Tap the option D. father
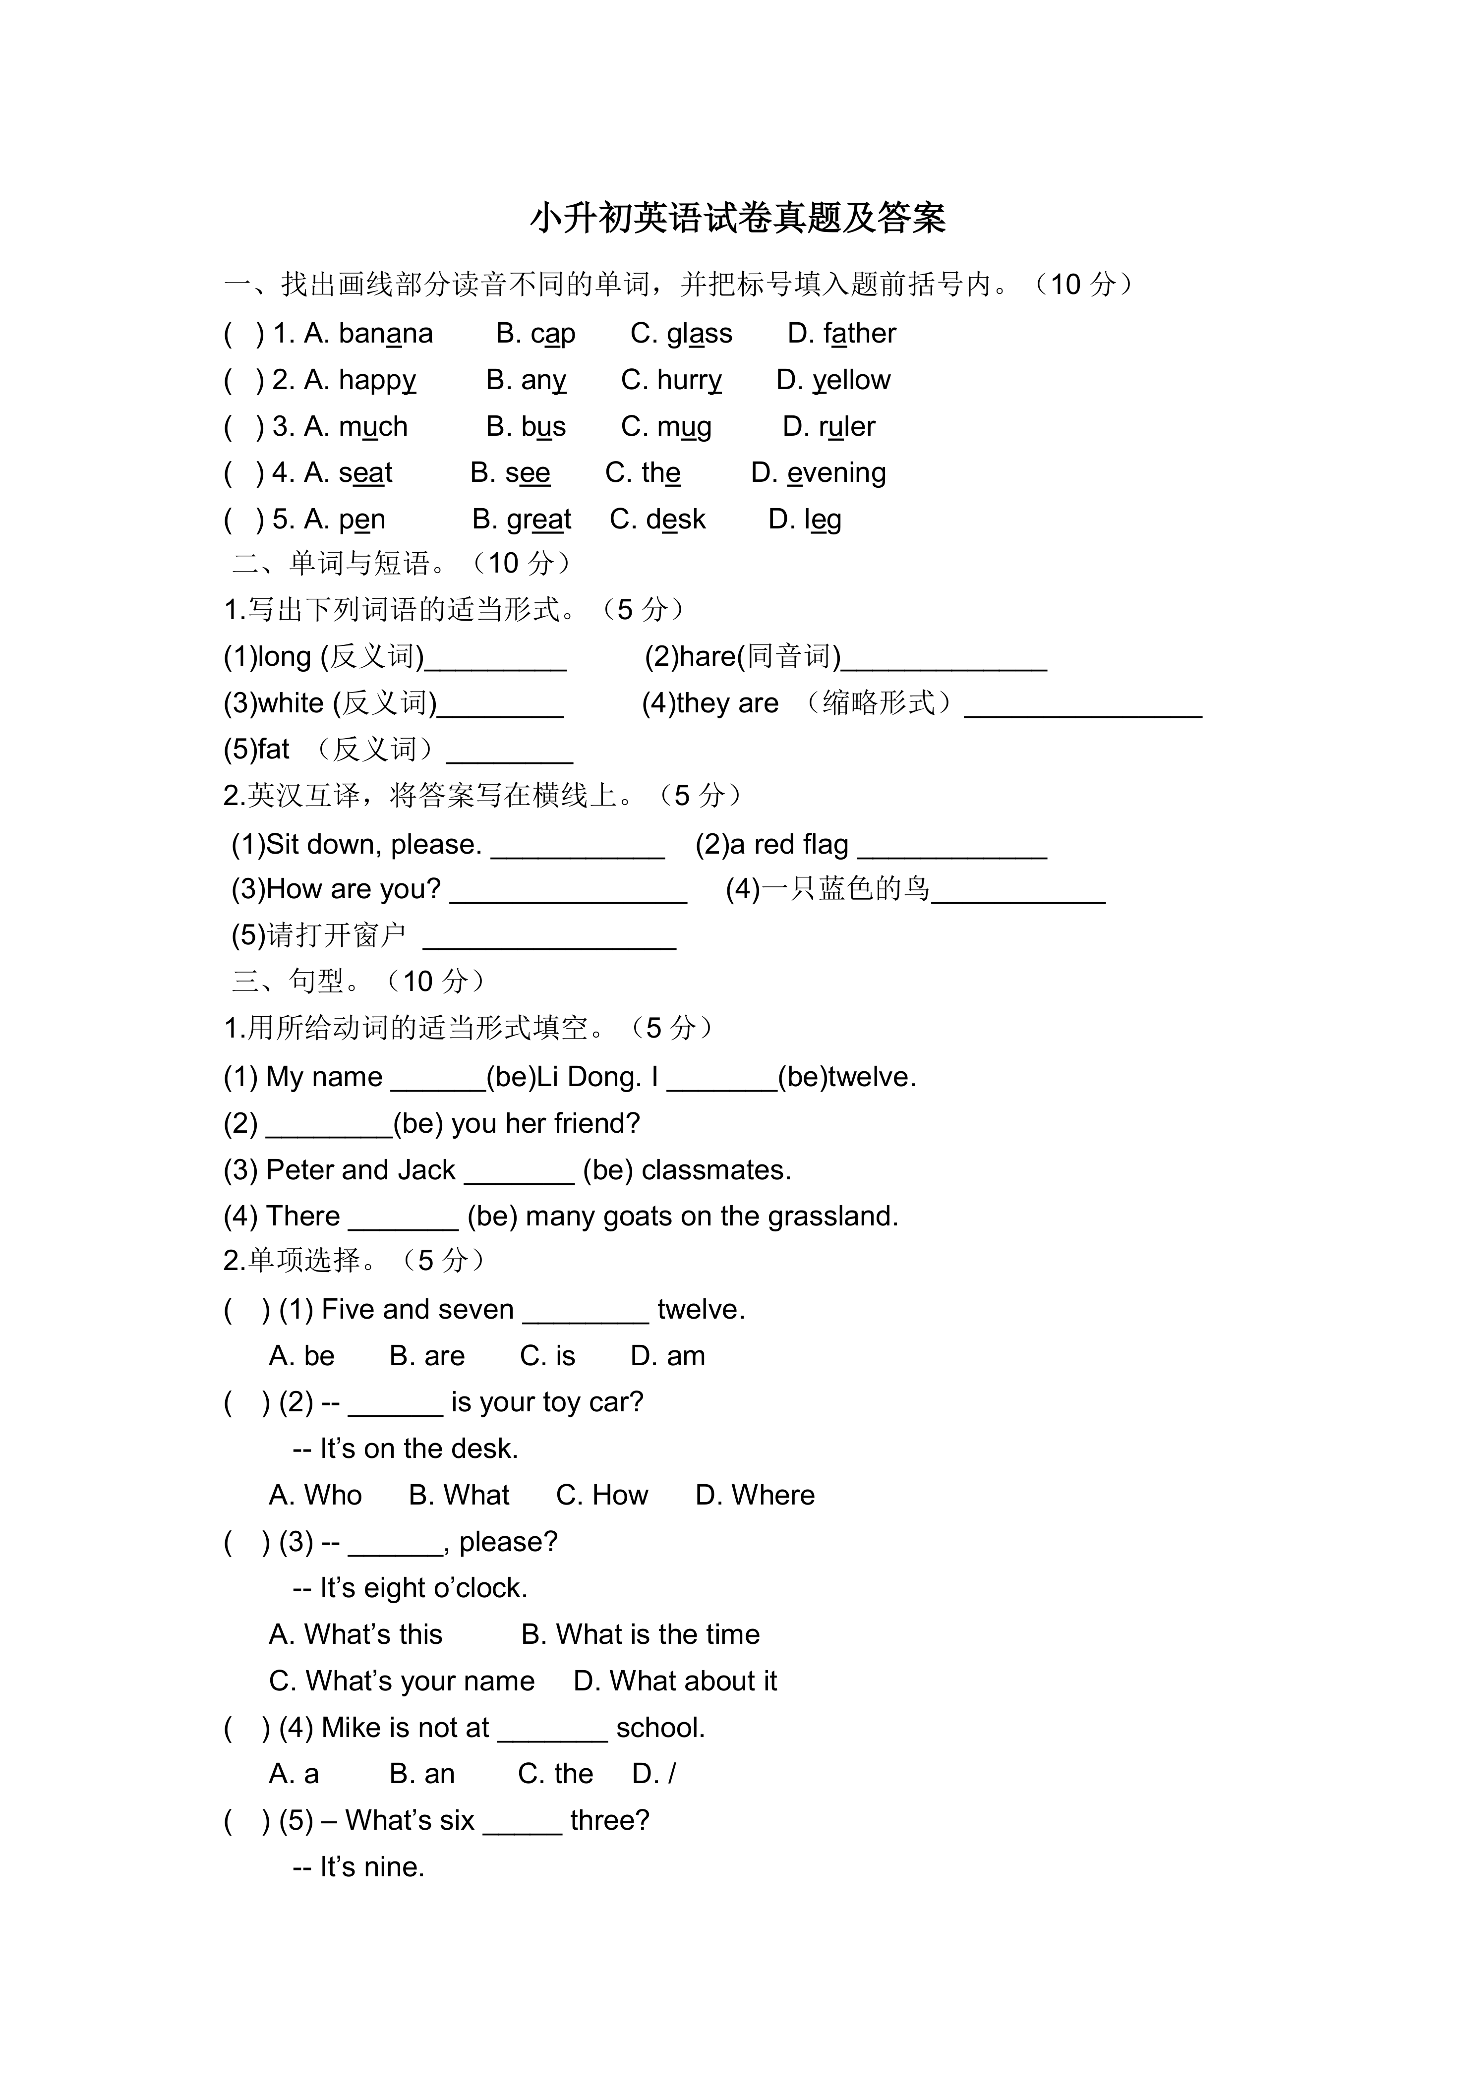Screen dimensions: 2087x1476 (x=841, y=334)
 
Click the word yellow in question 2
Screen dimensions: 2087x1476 (x=852, y=380)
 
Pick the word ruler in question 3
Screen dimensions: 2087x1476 (x=846, y=426)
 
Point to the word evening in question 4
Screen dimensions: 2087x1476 (x=836, y=472)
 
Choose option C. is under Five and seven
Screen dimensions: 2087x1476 (x=547, y=1356)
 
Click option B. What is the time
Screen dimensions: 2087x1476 (x=640, y=1634)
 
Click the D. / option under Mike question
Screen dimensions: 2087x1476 (x=653, y=1773)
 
